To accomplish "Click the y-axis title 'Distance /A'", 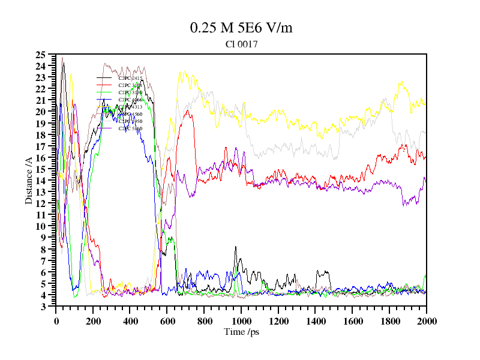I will [x=29, y=180].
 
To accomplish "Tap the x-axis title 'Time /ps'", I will [x=241, y=331].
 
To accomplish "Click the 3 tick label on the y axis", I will [x=43, y=307].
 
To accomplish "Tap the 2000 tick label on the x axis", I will [x=426, y=321].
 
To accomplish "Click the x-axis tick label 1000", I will [x=241, y=321].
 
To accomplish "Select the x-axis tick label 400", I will [x=130, y=321].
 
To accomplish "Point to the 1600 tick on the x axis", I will [x=352, y=321].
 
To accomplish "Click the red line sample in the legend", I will [x=104, y=78].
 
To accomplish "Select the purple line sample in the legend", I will [x=104, y=114].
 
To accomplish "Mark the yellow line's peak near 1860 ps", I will [x=401, y=82].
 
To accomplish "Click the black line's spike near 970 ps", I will [x=236, y=247].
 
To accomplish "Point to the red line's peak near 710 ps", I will [x=187, y=111].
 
